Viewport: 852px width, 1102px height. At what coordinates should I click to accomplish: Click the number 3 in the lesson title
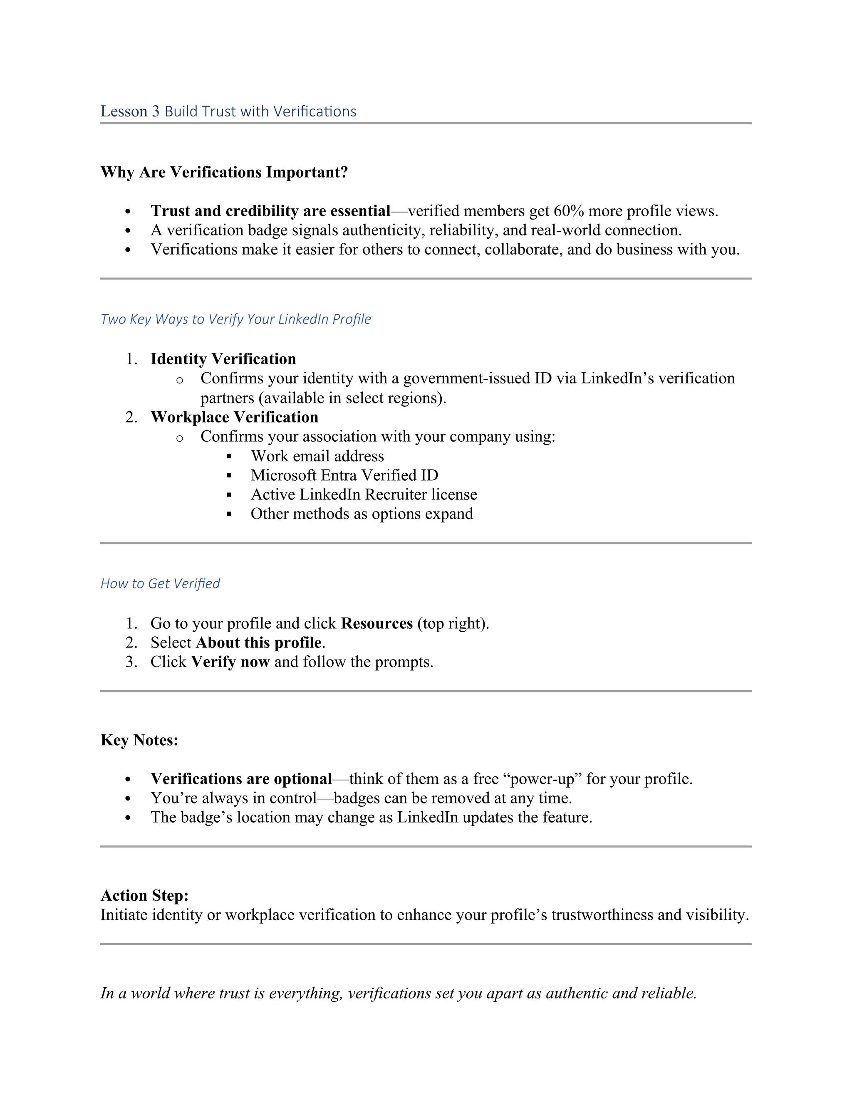pyautogui.click(x=156, y=111)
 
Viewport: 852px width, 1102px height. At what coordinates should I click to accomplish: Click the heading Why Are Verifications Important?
pyautogui.click(x=224, y=172)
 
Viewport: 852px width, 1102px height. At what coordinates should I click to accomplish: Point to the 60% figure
pyautogui.click(x=568, y=210)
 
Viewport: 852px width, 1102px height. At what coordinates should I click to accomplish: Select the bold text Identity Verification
pyautogui.click(x=223, y=359)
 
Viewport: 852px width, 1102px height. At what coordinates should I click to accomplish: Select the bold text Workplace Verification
pyautogui.click(x=234, y=417)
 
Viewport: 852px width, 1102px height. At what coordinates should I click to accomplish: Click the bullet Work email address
pyautogui.click(x=317, y=456)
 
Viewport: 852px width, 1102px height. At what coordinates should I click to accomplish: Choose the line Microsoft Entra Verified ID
pyautogui.click(x=344, y=475)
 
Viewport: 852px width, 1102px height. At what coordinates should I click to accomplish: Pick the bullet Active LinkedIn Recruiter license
pyautogui.click(x=364, y=494)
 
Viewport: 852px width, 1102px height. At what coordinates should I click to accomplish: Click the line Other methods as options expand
pyautogui.click(x=362, y=513)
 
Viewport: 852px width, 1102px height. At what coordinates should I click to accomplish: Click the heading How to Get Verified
pyautogui.click(x=160, y=583)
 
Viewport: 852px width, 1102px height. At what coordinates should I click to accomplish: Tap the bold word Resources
pyautogui.click(x=376, y=623)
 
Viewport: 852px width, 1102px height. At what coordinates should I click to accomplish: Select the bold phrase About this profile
pyautogui.click(x=258, y=642)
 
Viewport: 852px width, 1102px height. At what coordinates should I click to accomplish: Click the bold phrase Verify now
pyautogui.click(x=230, y=662)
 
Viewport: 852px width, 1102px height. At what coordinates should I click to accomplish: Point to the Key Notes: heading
pyautogui.click(x=139, y=740)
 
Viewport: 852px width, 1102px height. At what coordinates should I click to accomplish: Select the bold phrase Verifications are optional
pyautogui.click(x=241, y=778)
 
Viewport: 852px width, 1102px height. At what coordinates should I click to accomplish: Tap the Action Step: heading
pyautogui.click(x=144, y=895)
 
